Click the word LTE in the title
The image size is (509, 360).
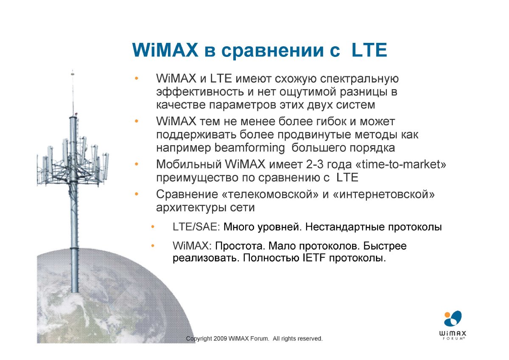pyautogui.click(x=369, y=50)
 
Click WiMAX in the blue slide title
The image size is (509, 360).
pyautogui.click(x=165, y=50)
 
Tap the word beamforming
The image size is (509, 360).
pyautogui.click(x=250, y=148)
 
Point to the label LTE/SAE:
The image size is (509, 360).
pyautogui.click(x=196, y=227)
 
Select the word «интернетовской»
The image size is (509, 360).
pyautogui.click(x=383, y=194)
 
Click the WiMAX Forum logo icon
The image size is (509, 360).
pyautogui.click(x=453, y=319)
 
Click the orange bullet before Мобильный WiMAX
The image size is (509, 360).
pyautogui.click(x=136, y=164)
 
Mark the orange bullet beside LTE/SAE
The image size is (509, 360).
pyautogui.click(x=153, y=227)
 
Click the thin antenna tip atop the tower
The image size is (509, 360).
pyautogui.click(x=73, y=72)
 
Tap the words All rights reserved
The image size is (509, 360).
pyautogui.click(x=298, y=339)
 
